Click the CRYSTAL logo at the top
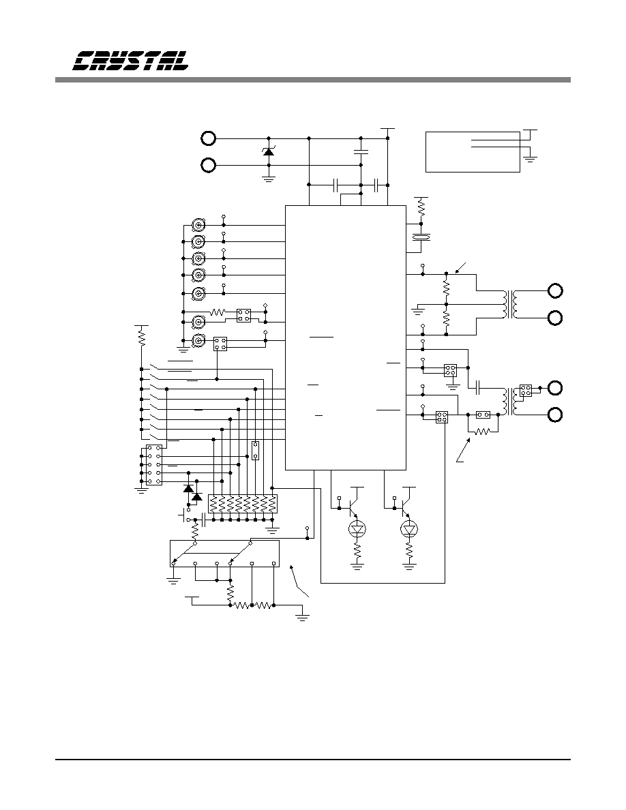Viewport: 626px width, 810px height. [130, 61]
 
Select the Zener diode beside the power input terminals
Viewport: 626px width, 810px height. [268, 152]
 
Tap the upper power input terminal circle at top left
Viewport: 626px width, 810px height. [208, 138]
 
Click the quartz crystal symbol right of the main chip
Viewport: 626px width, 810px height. [421, 237]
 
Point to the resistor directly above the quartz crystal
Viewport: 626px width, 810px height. [421, 209]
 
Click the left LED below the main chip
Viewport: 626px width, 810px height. [357, 528]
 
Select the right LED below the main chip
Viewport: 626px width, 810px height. [410, 528]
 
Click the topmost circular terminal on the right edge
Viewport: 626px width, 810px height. [555, 291]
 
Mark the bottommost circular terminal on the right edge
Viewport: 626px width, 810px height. [555, 415]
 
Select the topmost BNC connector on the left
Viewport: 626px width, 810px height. [198, 225]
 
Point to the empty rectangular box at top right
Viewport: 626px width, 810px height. [473, 152]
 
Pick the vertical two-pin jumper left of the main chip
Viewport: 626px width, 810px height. [255, 451]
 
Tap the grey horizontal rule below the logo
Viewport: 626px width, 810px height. [313, 80]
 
